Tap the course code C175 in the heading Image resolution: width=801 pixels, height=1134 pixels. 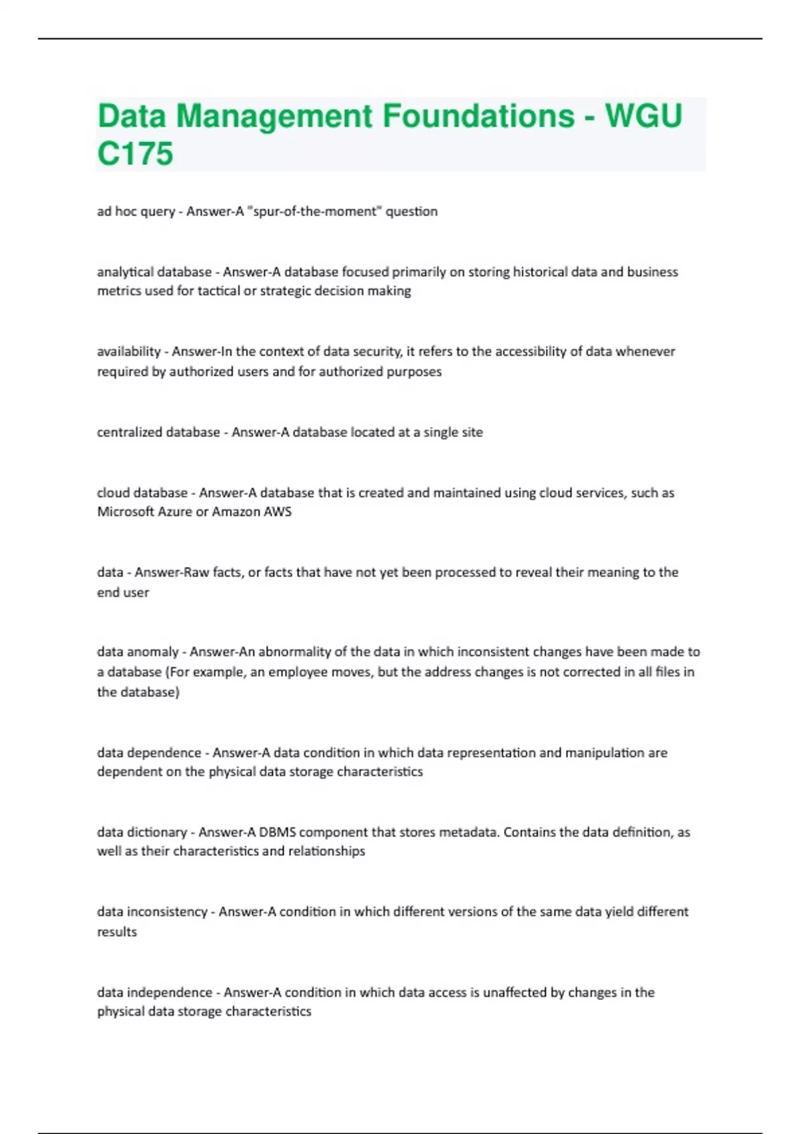pyautogui.click(x=136, y=154)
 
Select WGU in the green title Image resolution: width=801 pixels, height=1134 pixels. pyautogui.click(x=643, y=116)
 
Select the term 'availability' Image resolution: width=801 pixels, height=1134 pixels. pyautogui.click(x=129, y=352)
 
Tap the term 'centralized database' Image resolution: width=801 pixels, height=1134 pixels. pyautogui.click(x=158, y=432)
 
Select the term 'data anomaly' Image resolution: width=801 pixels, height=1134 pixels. pyautogui.click(x=138, y=652)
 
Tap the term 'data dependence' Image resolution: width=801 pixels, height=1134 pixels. pyautogui.click(x=149, y=752)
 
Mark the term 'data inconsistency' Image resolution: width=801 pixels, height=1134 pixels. pyautogui.click(x=152, y=912)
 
